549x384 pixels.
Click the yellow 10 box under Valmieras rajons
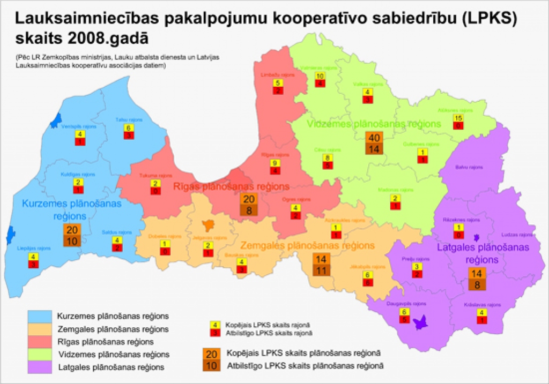coord(320,76)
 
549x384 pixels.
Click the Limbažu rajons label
coord(278,75)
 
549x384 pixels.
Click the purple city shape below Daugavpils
coord(421,322)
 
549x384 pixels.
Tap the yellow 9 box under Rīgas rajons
coord(274,163)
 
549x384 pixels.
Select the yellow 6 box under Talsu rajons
coord(128,128)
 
